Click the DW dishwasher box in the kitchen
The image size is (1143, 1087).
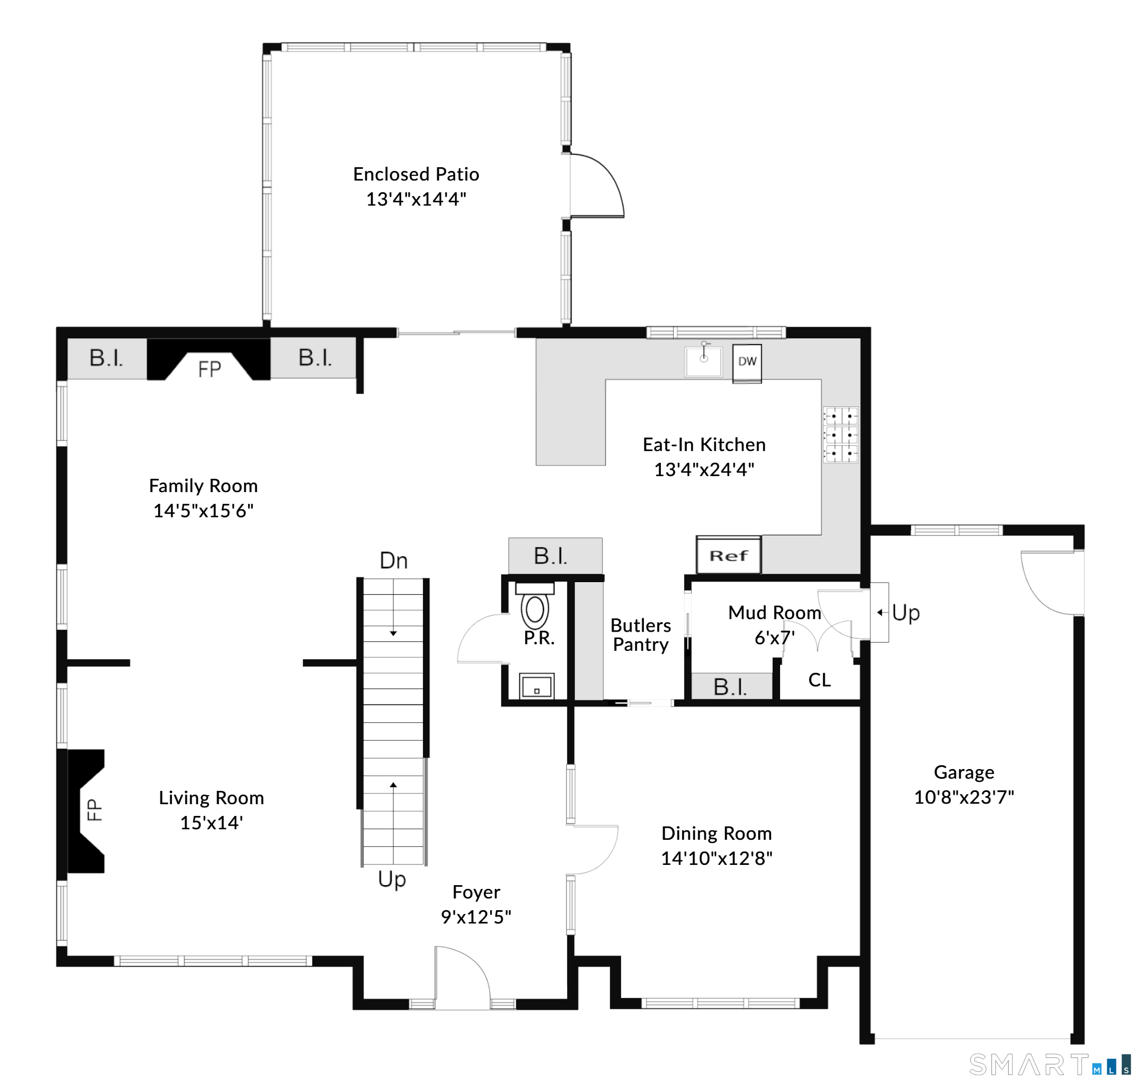point(747,363)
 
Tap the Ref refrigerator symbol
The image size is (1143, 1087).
point(728,555)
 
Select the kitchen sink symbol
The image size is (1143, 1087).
point(703,361)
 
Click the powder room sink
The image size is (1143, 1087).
point(537,686)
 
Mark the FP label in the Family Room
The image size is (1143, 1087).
point(210,369)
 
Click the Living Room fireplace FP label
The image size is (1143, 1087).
point(94,810)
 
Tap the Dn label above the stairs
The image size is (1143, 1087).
point(394,560)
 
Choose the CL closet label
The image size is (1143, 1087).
point(819,680)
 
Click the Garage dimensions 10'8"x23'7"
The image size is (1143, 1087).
point(964,797)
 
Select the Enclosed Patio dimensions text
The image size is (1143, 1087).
point(416,199)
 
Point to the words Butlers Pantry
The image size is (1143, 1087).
point(641,635)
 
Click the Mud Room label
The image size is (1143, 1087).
point(775,612)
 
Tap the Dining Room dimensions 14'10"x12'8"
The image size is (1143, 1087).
point(717,858)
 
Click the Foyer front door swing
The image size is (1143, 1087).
point(463,977)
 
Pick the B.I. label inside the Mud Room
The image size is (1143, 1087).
point(730,687)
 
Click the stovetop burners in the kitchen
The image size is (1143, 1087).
point(841,435)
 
